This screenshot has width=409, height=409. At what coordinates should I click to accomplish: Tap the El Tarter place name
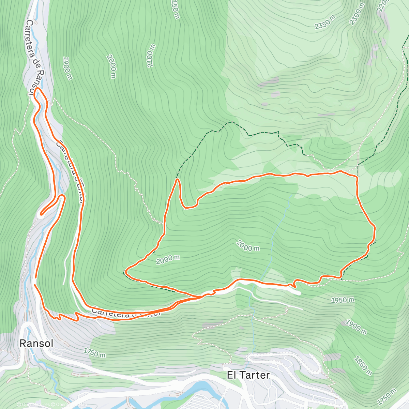click(248, 375)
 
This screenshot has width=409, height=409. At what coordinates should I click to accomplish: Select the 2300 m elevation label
click(357, 14)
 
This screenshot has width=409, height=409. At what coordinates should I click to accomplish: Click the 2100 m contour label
click(151, 56)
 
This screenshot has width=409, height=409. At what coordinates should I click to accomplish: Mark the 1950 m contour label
click(343, 300)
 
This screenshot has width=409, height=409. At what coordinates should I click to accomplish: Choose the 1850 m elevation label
click(363, 365)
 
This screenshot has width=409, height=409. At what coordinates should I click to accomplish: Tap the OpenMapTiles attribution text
click(34, 405)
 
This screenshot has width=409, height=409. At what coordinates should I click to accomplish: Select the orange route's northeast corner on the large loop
click(357, 177)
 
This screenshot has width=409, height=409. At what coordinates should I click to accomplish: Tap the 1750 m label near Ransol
click(94, 353)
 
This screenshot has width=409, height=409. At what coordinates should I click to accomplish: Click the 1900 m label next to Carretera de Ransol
click(67, 68)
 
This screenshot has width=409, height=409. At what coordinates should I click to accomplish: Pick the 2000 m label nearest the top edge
click(111, 66)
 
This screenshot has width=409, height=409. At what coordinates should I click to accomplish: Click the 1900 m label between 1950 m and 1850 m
click(355, 327)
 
